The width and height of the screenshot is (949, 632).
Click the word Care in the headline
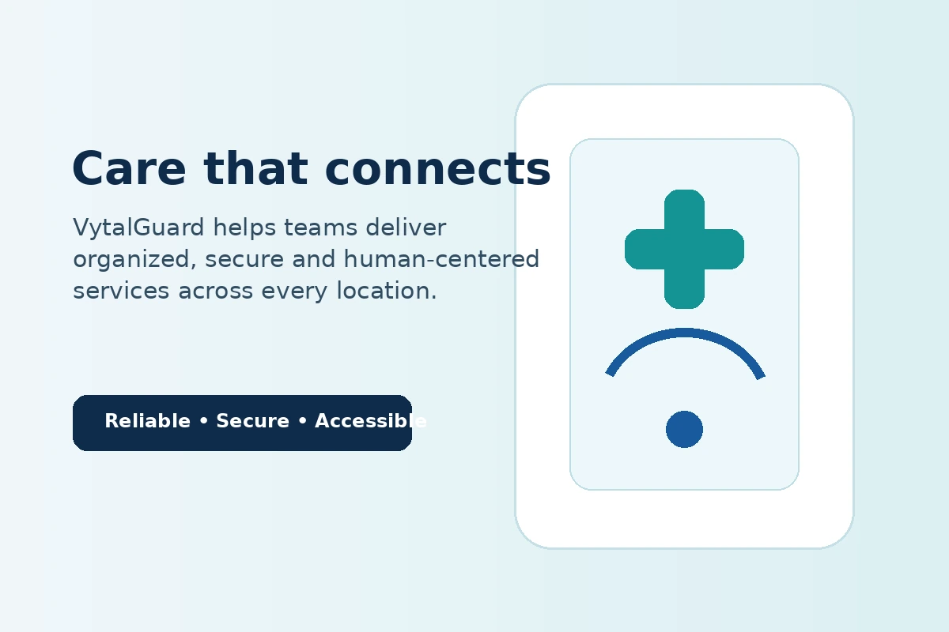point(129,168)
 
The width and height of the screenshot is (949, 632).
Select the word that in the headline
point(255,168)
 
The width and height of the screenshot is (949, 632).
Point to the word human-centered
point(441,258)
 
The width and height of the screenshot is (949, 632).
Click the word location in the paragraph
point(387,291)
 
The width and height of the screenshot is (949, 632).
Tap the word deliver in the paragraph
point(406,227)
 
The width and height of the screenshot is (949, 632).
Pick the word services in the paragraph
point(121,292)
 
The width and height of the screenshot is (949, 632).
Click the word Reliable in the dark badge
point(147,421)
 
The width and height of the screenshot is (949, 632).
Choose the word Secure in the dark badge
point(252,421)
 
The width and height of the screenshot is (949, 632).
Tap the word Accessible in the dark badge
point(371,421)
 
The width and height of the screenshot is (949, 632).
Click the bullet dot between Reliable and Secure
point(204,421)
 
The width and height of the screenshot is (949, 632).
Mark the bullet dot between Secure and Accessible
point(302,421)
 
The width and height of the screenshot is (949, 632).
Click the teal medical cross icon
point(684,250)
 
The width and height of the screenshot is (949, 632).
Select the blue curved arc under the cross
point(684,333)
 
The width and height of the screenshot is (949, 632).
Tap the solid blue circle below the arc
point(684,429)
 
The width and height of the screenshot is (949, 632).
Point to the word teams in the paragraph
point(320,228)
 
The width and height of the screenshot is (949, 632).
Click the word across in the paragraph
point(215,292)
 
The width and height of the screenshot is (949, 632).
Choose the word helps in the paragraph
point(244,228)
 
